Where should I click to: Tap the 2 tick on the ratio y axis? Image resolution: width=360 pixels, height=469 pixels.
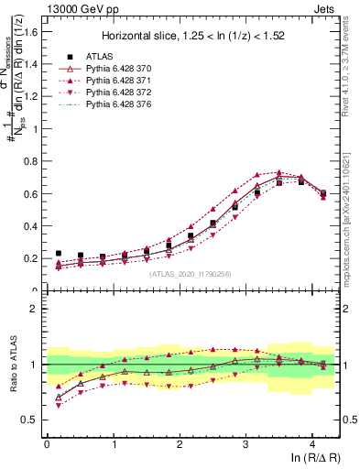pyautogui.click(x=34, y=309)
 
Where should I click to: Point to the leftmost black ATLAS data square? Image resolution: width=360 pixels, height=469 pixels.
pyautogui.click(x=59, y=254)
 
